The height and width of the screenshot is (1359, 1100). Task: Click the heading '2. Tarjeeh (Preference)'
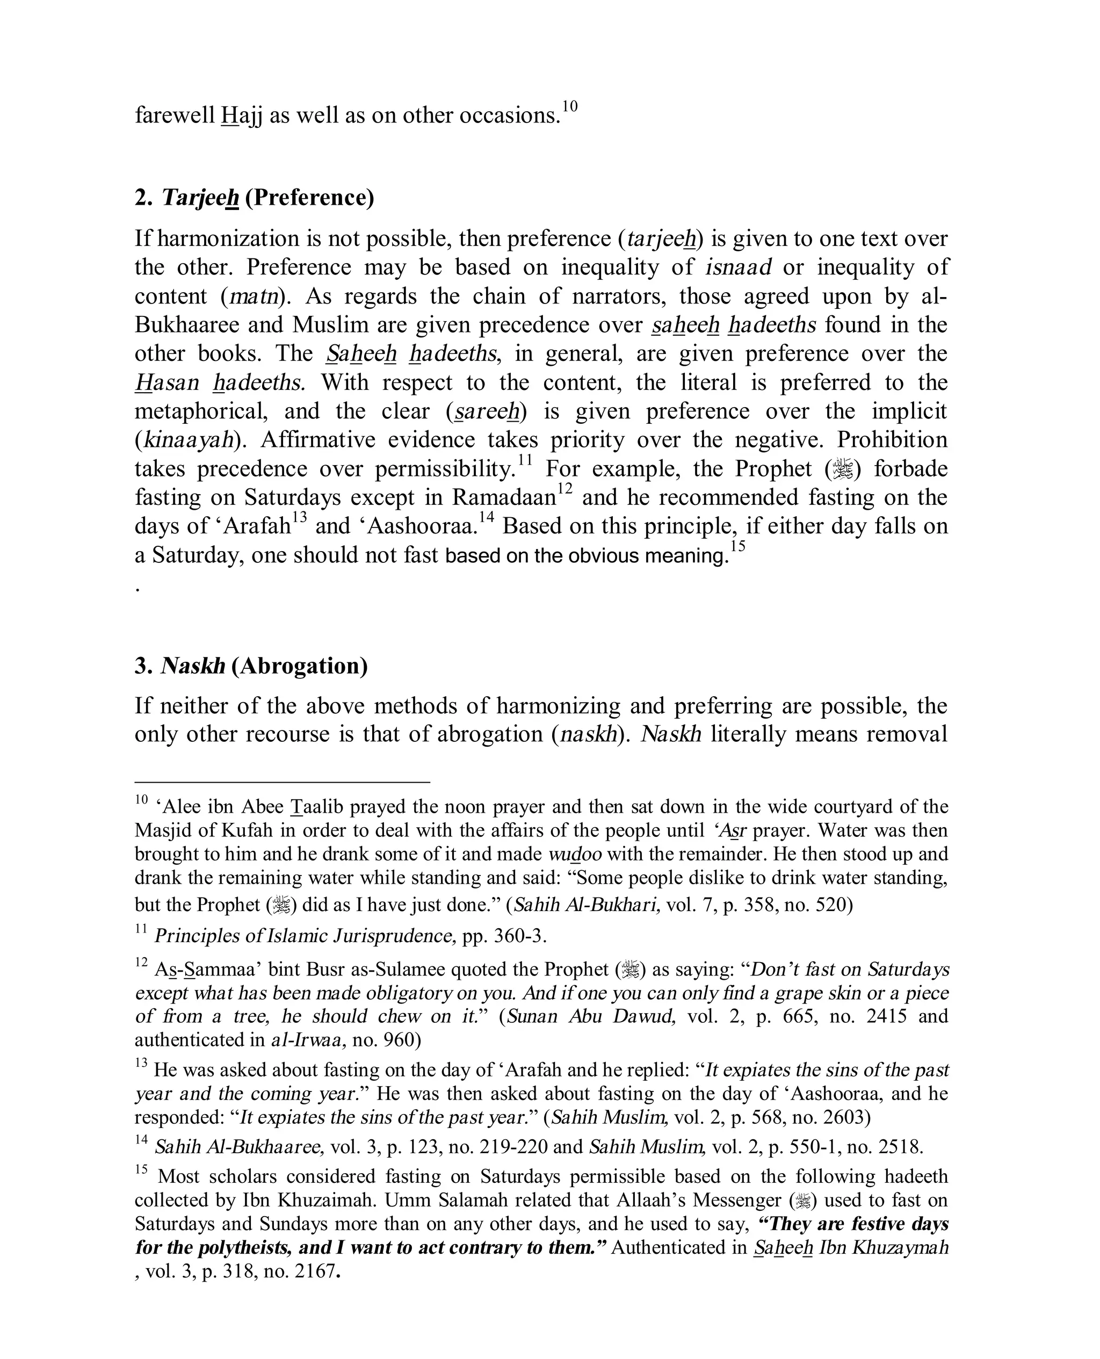(254, 198)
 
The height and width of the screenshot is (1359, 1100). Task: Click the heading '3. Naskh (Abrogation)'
(251, 666)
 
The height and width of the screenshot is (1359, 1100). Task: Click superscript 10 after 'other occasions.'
(570, 106)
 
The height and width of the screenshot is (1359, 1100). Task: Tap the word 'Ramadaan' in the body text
(504, 497)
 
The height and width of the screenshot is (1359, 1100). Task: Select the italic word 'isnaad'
(738, 268)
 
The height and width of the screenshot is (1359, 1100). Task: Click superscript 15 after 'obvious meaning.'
(737, 547)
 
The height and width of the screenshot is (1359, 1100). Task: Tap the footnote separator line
(282, 783)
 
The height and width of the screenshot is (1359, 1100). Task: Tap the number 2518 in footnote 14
(897, 1147)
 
